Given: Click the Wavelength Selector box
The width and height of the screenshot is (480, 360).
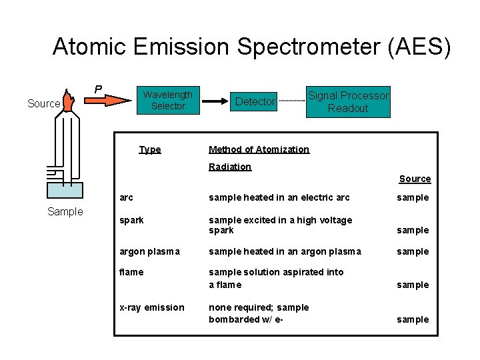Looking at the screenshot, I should (167, 101).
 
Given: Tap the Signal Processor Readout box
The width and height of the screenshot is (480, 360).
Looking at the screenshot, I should (347, 101).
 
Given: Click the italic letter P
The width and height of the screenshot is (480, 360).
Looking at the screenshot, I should (98, 89).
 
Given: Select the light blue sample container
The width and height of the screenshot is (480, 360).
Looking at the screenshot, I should (65, 191).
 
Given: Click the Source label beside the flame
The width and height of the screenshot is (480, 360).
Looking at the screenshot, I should (43, 103).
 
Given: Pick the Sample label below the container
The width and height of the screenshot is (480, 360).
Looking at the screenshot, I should (65, 211).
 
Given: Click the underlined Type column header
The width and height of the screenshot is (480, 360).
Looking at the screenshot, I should (150, 149).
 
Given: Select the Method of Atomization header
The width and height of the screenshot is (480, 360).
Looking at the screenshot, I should (259, 149).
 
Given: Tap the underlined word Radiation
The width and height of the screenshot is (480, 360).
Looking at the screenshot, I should (230, 167).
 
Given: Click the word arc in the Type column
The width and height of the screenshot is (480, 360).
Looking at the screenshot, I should (126, 197).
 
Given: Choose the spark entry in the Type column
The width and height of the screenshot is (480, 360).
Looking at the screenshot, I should (131, 219).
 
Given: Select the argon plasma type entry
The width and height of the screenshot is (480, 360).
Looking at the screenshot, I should (149, 251).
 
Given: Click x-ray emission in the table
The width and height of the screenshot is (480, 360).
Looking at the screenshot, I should (151, 307).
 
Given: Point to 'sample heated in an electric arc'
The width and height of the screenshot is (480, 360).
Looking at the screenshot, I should (279, 197).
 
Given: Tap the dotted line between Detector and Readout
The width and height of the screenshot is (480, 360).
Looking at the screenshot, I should (291, 101).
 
